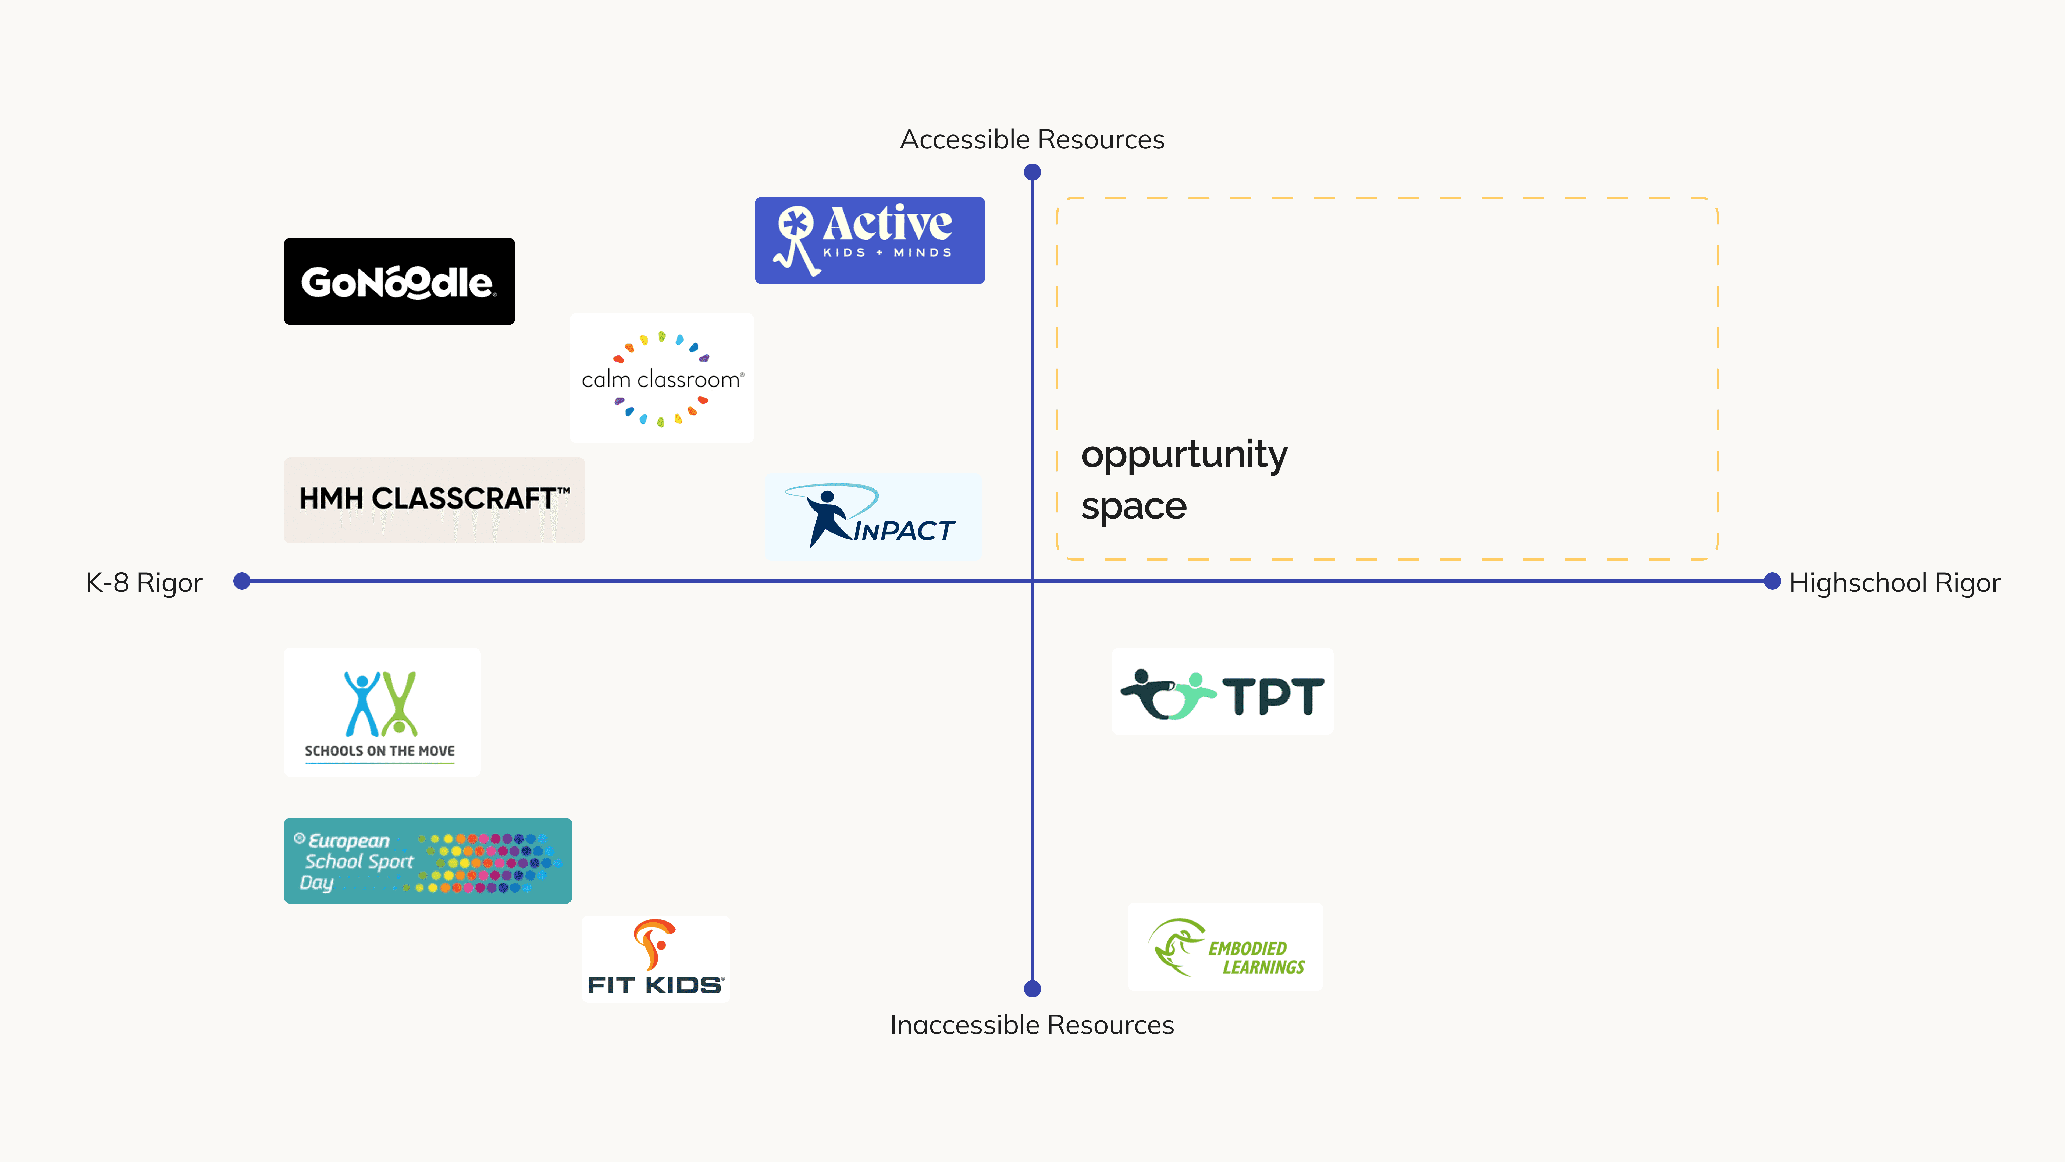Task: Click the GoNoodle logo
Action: click(399, 281)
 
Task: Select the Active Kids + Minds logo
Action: click(870, 240)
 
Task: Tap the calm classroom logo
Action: click(661, 378)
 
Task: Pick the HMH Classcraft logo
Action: click(434, 499)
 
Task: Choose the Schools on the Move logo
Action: click(382, 712)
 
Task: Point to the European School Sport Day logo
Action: click(427, 860)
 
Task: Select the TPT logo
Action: click(1223, 692)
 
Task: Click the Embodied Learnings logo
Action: click(1225, 947)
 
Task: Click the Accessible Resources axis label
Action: click(1032, 140)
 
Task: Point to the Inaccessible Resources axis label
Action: click(1032, 1025)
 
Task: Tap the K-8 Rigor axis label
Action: click(144, 583)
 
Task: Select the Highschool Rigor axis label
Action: click(1894, 583)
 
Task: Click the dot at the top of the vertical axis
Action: click(1032, 172)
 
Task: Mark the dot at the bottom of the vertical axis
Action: click(1032, 989)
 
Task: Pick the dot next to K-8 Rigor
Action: click(242, 581)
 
